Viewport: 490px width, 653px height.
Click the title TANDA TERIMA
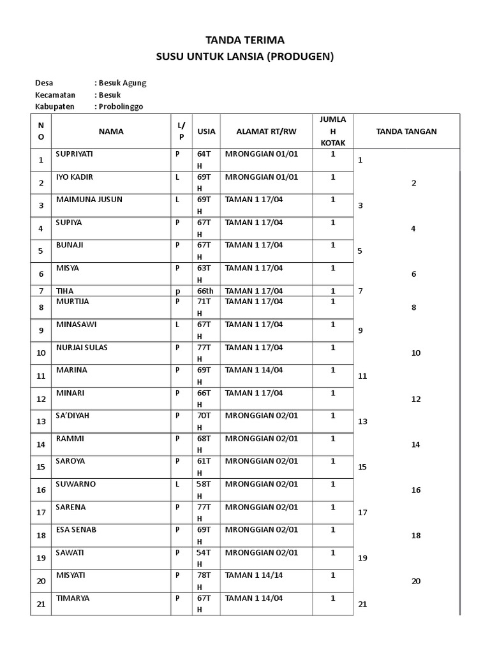[245, 40]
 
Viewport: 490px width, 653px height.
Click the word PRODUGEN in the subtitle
[300, 57]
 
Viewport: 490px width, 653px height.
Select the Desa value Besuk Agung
[122, 83]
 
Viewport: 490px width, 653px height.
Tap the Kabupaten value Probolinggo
[122, 106]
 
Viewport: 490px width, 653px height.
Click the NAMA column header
[111, 131]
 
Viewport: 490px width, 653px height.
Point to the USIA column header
[206, 131]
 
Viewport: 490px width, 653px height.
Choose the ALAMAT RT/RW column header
[266, 131]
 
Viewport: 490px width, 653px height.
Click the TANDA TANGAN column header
[406, 131]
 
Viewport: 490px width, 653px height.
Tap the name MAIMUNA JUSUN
[89, 200]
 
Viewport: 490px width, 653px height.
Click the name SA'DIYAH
[73, 415]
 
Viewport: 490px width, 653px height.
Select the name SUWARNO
[75, 484]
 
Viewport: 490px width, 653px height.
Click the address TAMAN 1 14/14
[253, 575]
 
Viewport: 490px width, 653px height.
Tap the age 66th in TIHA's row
[205, 291]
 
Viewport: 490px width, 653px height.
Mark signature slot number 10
[415, 353]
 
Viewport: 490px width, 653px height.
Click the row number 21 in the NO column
[41, 604]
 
